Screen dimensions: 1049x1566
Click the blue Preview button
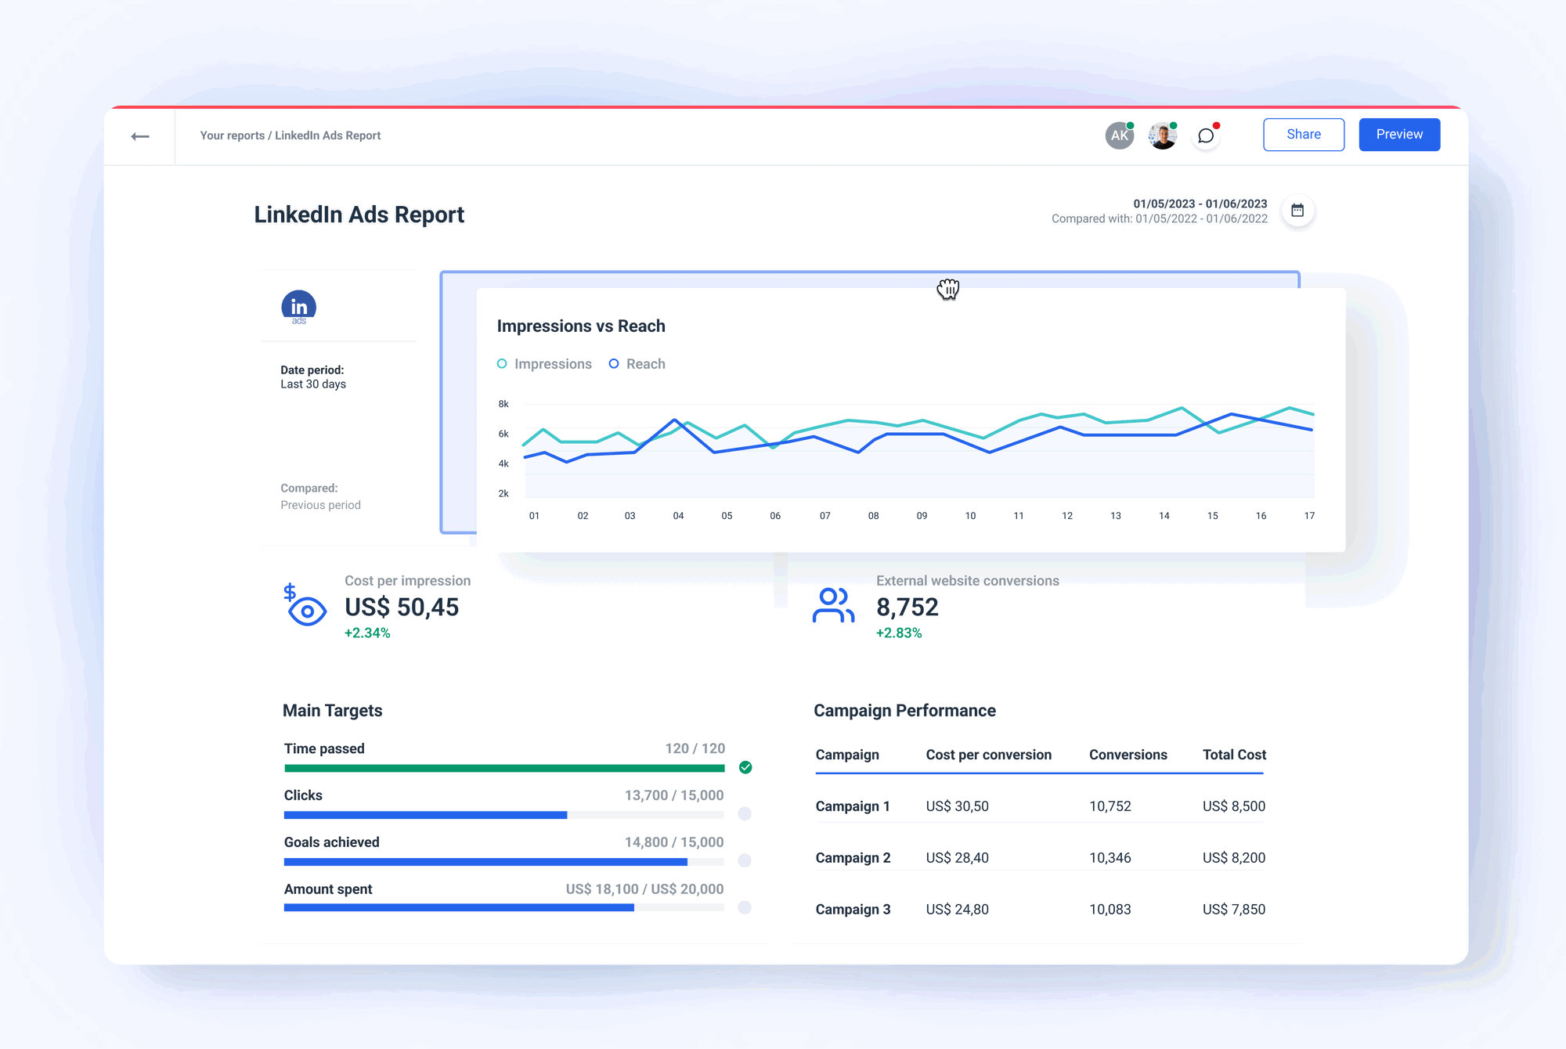1398,135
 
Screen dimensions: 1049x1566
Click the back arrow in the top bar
140,136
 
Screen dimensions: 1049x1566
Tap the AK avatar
1119,135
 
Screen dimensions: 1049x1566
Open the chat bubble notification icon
1206,136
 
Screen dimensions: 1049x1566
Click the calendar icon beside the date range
1297,211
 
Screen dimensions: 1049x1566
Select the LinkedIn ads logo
298,307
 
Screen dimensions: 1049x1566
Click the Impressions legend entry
545,364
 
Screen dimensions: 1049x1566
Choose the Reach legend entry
637,364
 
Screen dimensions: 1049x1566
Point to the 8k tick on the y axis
503,404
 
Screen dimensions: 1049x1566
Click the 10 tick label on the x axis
970,516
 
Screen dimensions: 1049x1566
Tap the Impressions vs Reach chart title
580,326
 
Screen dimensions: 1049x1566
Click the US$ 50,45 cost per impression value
402,607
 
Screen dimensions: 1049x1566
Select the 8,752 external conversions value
907,607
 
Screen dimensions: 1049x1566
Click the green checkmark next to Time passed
745,767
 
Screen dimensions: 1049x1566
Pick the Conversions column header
1128,755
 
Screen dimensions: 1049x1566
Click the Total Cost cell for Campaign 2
1233,858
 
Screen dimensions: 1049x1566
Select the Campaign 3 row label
853,910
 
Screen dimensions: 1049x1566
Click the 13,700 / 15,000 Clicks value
673,795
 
